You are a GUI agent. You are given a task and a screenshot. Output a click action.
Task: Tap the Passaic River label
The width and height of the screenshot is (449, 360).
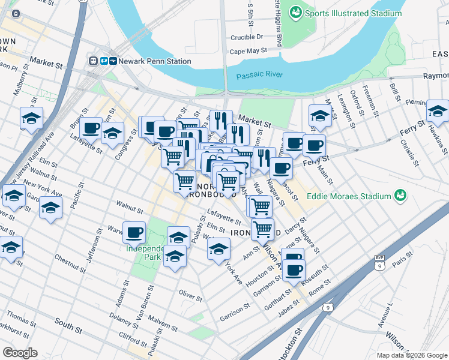258,76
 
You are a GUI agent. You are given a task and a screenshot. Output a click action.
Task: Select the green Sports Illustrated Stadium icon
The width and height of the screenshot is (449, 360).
296,13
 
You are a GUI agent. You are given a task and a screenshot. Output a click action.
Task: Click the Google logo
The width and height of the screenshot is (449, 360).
20,353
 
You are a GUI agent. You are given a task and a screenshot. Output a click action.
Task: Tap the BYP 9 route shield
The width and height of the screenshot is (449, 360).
379,257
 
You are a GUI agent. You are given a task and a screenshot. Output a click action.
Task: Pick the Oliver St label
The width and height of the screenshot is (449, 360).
190,294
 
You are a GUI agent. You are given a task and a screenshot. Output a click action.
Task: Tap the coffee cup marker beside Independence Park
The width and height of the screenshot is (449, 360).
134,232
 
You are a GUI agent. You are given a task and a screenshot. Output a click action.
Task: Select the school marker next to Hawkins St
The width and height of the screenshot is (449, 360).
438,111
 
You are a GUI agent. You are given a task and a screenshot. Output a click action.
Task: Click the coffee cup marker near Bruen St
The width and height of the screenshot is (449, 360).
91,128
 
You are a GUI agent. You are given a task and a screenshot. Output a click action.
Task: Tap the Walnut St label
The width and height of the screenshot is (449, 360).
130,211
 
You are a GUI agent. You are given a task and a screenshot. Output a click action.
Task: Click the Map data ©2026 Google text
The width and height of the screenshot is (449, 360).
412,355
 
